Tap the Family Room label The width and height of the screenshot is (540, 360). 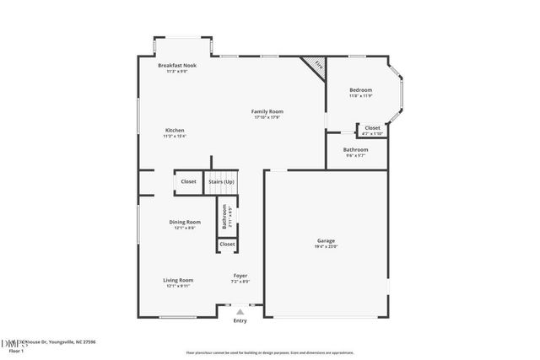267,111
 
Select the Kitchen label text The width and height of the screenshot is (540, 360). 175,131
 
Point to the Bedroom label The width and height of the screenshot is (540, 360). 360,90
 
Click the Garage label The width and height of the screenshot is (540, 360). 326,240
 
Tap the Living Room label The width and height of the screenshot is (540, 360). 178,280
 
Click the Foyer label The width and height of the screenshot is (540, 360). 240,276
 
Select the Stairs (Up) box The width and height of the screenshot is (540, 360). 223,181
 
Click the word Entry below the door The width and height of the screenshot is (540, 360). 240,320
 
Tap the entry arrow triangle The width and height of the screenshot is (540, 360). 240,311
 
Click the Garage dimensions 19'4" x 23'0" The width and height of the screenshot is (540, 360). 326,246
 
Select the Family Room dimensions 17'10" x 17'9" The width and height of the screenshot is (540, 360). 267,117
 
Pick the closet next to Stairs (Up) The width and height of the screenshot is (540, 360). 188,181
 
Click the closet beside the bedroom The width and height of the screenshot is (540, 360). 372,130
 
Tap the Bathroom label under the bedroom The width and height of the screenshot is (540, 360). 355,150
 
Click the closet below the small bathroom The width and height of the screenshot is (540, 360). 227,244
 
